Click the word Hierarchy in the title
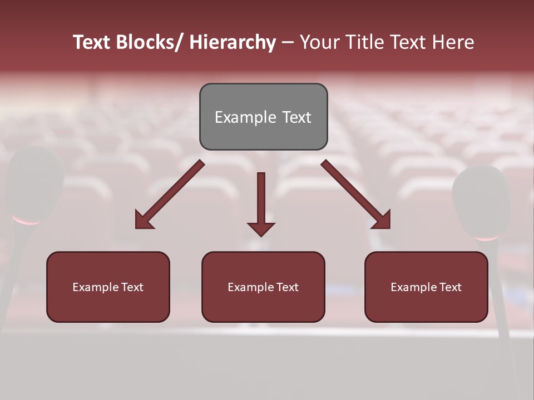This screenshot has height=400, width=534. [233, 42]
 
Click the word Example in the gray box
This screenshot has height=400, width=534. [238, 118]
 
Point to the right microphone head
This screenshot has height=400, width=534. [482, 203]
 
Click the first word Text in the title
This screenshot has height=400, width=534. [92, 42]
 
